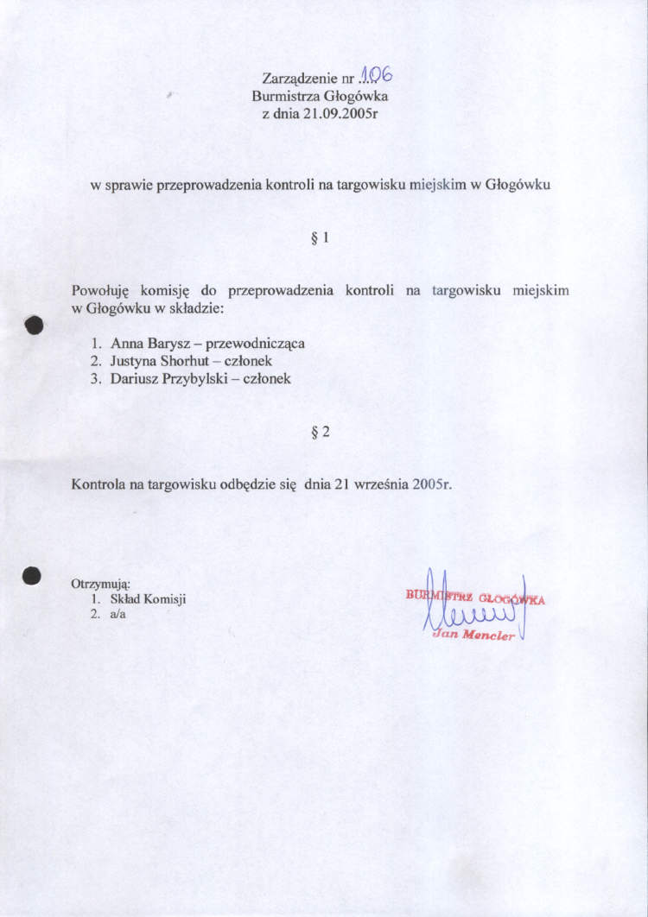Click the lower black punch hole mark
33,577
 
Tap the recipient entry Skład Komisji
148,599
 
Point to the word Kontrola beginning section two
98,484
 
